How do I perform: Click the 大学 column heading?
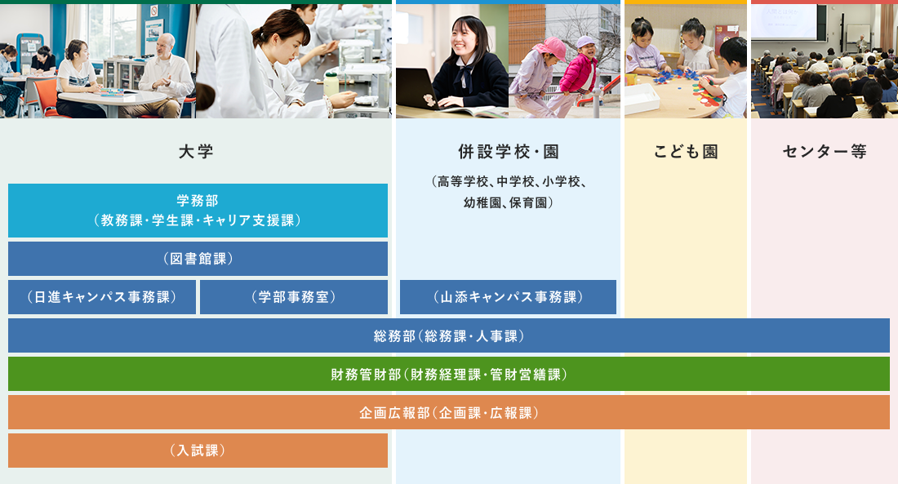coord(196,152)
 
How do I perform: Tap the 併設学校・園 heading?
coord(508,152)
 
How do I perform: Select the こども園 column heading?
coord(686,152)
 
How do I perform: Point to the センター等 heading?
coord(825,152)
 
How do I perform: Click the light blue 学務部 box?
coord(198,211)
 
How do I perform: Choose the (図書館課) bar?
coord(198,259)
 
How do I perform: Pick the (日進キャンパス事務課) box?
coord(102,297)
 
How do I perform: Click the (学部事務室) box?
coord(294,297)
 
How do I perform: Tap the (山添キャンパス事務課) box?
coord(508,297)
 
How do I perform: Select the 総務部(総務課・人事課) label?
coord(448,335)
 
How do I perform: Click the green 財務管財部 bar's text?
coord(448,374)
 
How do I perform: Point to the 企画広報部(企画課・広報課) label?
coord(448,412)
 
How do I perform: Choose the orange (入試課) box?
coord(198,451)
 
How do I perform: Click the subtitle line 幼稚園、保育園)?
coord(508,202)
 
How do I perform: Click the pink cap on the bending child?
coord(550,47)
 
